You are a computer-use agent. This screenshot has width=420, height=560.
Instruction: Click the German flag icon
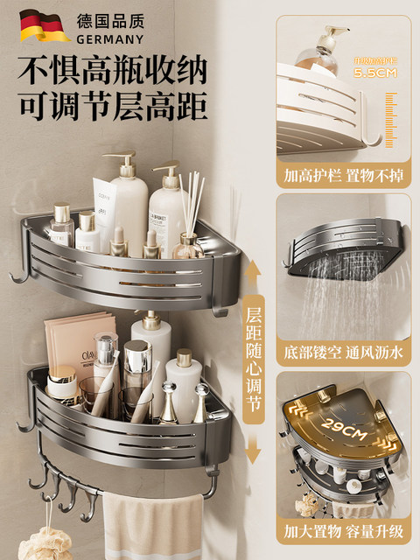point(45,25)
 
